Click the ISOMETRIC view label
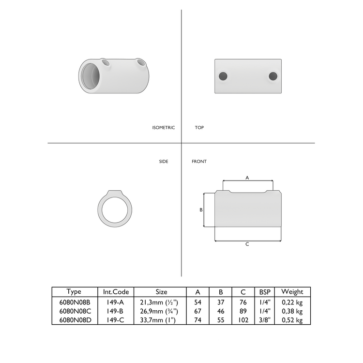point(163,128)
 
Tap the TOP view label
point(199,128)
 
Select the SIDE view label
point(164,161)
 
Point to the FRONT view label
point(199,161)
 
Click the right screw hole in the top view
point(273,76)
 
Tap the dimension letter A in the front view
point(247,178)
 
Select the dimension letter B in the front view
point(201,210)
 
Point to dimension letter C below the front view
point(247,244)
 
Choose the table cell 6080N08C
point(74,311)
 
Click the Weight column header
point(292,292)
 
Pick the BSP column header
point(265,292)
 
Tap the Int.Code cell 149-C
point(115,320)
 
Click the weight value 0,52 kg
point(292,320)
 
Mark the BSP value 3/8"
point(265,320)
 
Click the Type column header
point(74,292)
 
